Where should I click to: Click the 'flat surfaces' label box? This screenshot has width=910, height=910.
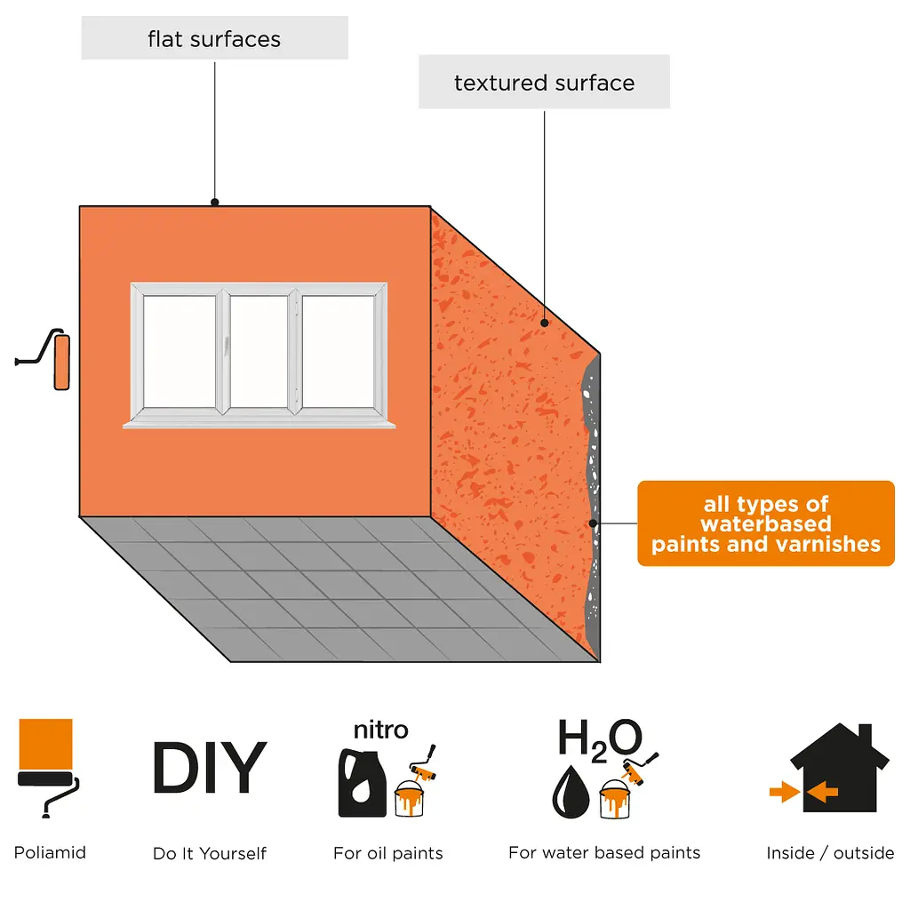point(215,37)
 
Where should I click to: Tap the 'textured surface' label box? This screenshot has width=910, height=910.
point(544,82)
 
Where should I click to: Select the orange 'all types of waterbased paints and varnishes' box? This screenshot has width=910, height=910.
point(765,523)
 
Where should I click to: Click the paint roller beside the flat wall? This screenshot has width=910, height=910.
point(44,359)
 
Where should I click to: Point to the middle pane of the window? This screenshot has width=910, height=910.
point(259,352)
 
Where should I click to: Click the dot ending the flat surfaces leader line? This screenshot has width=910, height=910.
point(215,203)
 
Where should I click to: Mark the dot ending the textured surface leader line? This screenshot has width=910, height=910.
point(545,323)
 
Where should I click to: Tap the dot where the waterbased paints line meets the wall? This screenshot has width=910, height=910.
point(593,523)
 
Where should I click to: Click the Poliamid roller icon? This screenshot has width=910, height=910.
point(48,768)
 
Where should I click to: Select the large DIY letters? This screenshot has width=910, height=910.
point(210,767)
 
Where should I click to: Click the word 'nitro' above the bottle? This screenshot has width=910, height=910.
point(380,730)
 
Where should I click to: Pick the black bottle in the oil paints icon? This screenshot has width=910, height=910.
point(363,783)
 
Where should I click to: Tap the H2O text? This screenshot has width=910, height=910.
point(600,738)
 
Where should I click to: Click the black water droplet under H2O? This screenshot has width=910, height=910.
point(571,792)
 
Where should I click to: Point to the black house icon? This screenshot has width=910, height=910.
point(840,767)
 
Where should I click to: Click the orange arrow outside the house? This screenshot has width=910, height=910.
point(785,792)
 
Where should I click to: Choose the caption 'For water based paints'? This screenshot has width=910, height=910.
point(604,852)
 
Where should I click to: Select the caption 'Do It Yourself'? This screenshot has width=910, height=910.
point(210,853)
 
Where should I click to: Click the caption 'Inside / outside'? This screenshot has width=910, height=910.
point(830,853)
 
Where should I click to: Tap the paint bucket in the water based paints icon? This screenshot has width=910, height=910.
point(615,799)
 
